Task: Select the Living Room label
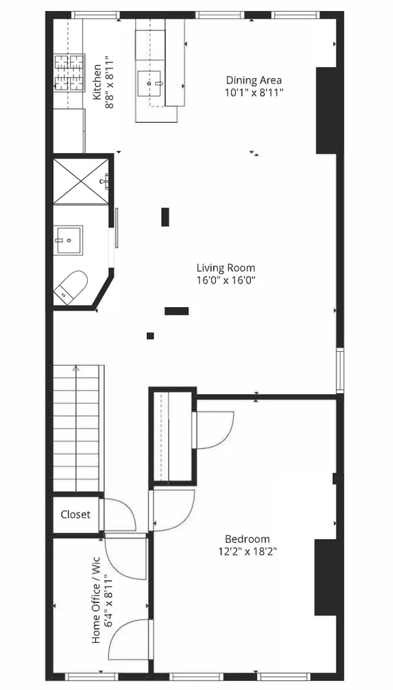[x=225, y=268]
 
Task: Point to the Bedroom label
[x=247, y=539]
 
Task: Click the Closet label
[x=75, y=515]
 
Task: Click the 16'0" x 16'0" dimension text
[x=225, y=280]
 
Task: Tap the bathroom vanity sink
[x=68, y=239]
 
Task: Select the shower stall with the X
[x=81, y=181]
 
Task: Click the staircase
[x=78, y=428]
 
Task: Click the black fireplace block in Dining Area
[x=326, y=110]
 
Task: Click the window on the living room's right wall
[x=339, y=371]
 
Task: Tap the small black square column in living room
[x=150, y=336]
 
